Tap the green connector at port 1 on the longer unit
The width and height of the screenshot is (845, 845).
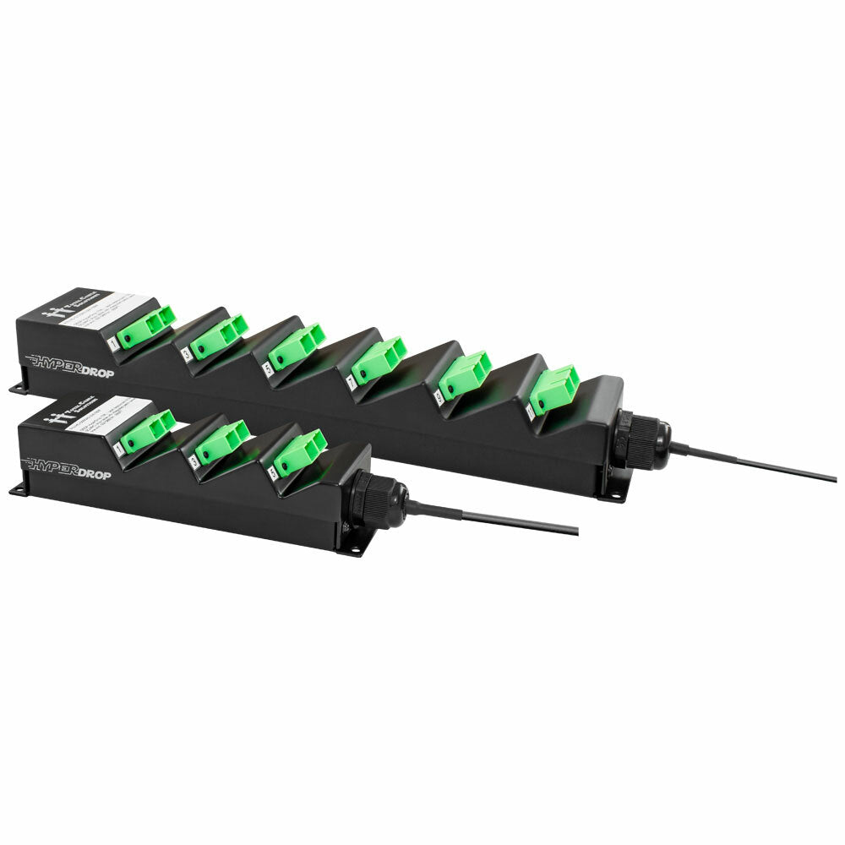(144, 327)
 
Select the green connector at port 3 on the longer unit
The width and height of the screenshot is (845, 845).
(218, 335)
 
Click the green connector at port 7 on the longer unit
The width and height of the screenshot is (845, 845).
(378, 360)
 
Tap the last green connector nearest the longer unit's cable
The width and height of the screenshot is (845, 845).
(553, 390)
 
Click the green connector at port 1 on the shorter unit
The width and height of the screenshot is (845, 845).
(146, 430)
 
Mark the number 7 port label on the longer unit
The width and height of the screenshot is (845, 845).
(351, 383)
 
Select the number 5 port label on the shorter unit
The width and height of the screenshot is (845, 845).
(272, 473)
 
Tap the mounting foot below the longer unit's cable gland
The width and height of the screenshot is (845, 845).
(615, 493)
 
